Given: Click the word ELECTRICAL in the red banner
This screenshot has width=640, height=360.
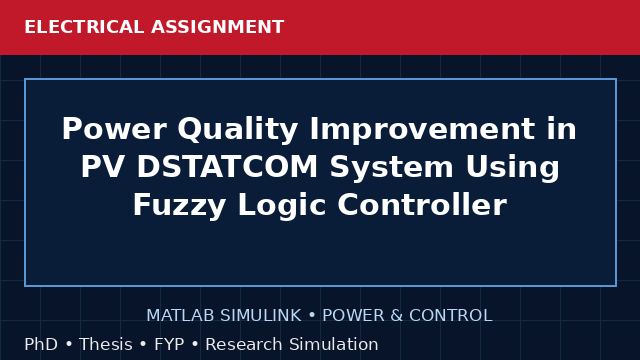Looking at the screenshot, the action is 84,27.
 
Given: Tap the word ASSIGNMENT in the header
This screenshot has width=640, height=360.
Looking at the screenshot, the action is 218,27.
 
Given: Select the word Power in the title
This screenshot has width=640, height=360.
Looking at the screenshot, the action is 114,129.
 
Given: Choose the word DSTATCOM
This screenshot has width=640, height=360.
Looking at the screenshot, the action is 227,167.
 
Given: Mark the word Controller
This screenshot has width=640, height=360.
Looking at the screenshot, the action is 422,204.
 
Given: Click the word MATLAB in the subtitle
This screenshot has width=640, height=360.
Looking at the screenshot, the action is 180,316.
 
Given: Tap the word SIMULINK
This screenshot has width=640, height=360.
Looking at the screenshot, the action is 260,316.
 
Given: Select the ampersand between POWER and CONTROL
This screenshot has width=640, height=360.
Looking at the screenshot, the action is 396,316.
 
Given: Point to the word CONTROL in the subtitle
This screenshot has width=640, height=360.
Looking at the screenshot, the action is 451,316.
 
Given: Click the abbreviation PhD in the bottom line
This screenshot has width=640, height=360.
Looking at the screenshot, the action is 41,344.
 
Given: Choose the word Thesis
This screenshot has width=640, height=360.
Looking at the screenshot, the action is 106,344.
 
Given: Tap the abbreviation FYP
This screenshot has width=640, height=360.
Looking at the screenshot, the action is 169,344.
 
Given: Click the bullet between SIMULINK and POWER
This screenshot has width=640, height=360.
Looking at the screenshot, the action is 312,316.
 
